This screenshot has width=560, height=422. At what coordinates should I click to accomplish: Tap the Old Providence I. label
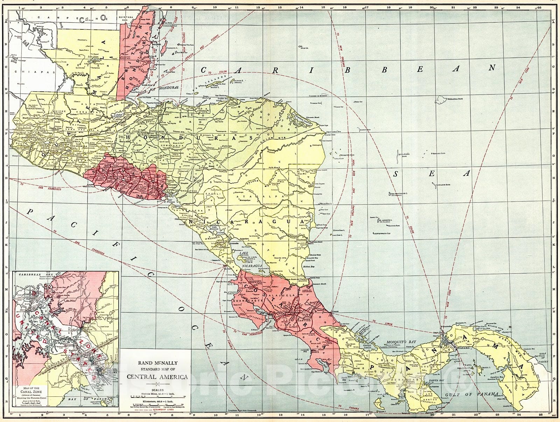coord(400,193)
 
